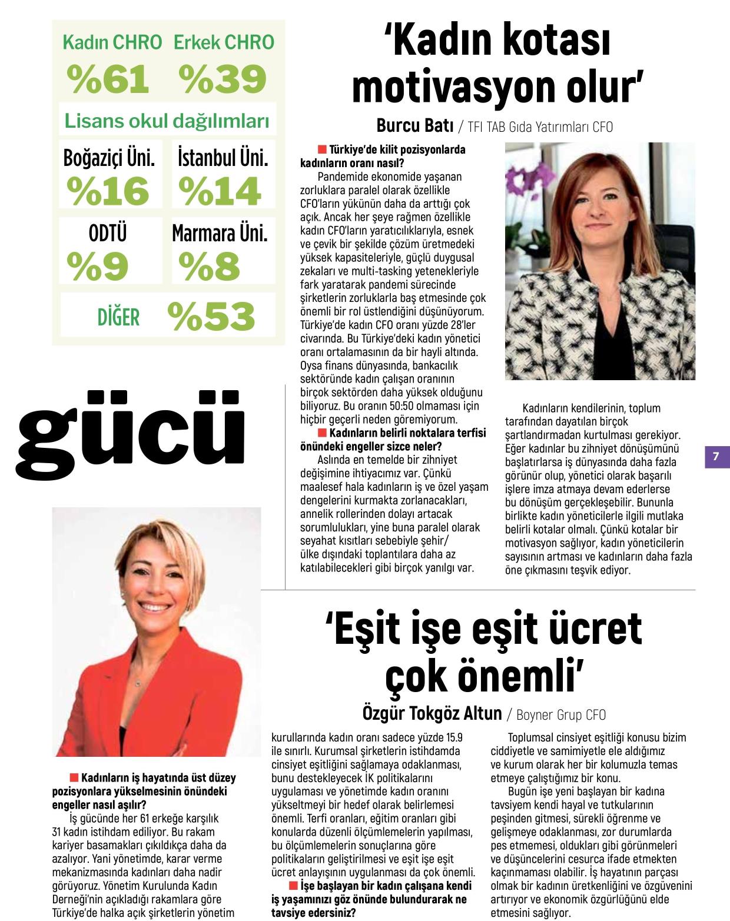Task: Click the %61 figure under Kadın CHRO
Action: [108, 79]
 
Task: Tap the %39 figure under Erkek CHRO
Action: [223, 79]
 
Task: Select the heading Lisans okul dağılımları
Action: [167, 121]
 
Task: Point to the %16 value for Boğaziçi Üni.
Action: [108, 191]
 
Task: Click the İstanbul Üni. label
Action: [223, 157]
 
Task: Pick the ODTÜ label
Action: [108, 233]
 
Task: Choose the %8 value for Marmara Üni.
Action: [210, 267]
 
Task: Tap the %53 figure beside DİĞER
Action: [211, 317]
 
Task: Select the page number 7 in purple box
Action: [716, 456]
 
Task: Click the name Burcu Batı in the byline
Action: [415, 126]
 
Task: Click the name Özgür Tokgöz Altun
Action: [432, 714]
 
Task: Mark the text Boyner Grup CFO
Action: [560, 715]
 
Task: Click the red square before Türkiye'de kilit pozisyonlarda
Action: [322, 149]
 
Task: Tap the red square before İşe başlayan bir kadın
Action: [294, 886]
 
